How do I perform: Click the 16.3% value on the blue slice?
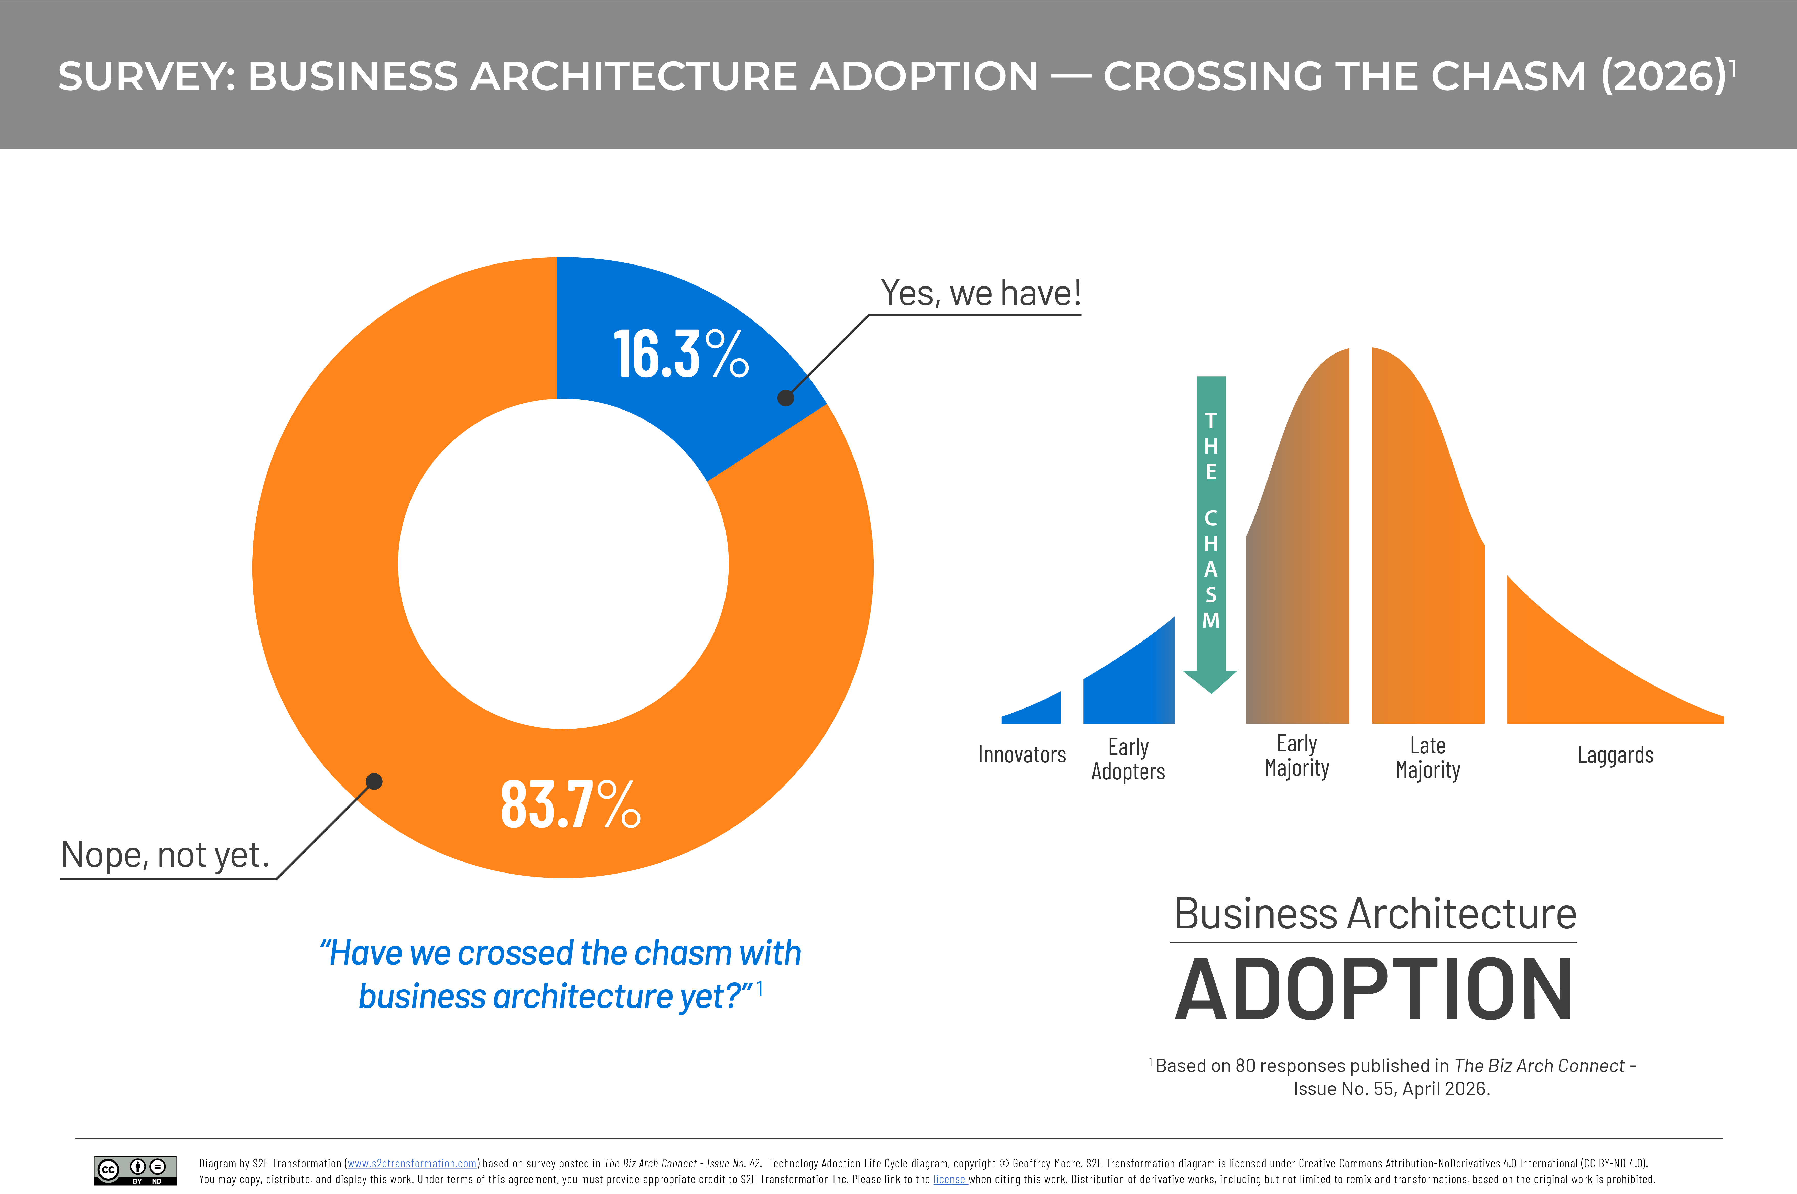tap(680, 354)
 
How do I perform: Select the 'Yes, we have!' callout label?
tap(980, 293)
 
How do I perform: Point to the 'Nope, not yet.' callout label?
tap(165, 854)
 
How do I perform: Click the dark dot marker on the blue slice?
tap(785, 397)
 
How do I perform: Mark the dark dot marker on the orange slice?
tap(374, 781)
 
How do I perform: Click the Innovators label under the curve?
tap(1022, 755)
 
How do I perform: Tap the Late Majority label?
tap(1427, 758)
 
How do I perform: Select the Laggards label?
tap(1615, 755)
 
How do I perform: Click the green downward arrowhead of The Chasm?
tap(1210, 680)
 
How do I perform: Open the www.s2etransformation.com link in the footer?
tap(412, 1164)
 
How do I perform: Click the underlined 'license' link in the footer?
tap(949, 1179)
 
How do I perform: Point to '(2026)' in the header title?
tap(1663, 76)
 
